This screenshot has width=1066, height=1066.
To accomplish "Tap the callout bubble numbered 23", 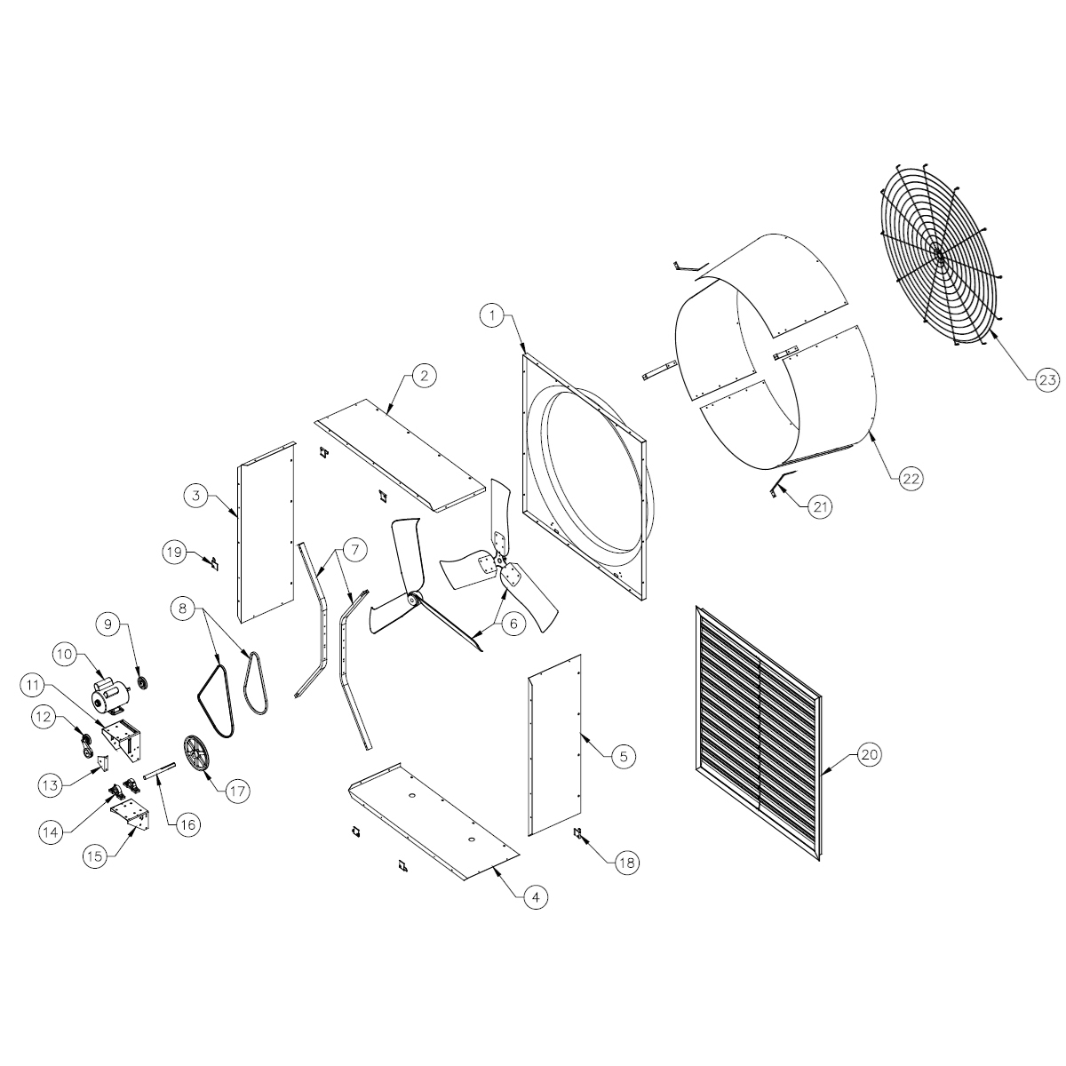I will (x=1046, y=380).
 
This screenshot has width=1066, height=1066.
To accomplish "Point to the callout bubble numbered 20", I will (x=868, y=754).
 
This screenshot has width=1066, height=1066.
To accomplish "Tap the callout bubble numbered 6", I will (x=513, y=624).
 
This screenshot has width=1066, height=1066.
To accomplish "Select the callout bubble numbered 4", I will (x=534, y=898).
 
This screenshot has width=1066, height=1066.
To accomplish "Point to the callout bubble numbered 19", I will (x=174, y=552).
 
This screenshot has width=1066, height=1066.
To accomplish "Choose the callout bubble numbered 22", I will (x=910, y=477).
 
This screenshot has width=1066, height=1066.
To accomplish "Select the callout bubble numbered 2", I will (x=424, y=375).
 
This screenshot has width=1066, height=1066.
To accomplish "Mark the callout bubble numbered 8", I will (x=183, y=609).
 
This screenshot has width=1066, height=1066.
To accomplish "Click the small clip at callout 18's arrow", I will (x=578, y=833).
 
